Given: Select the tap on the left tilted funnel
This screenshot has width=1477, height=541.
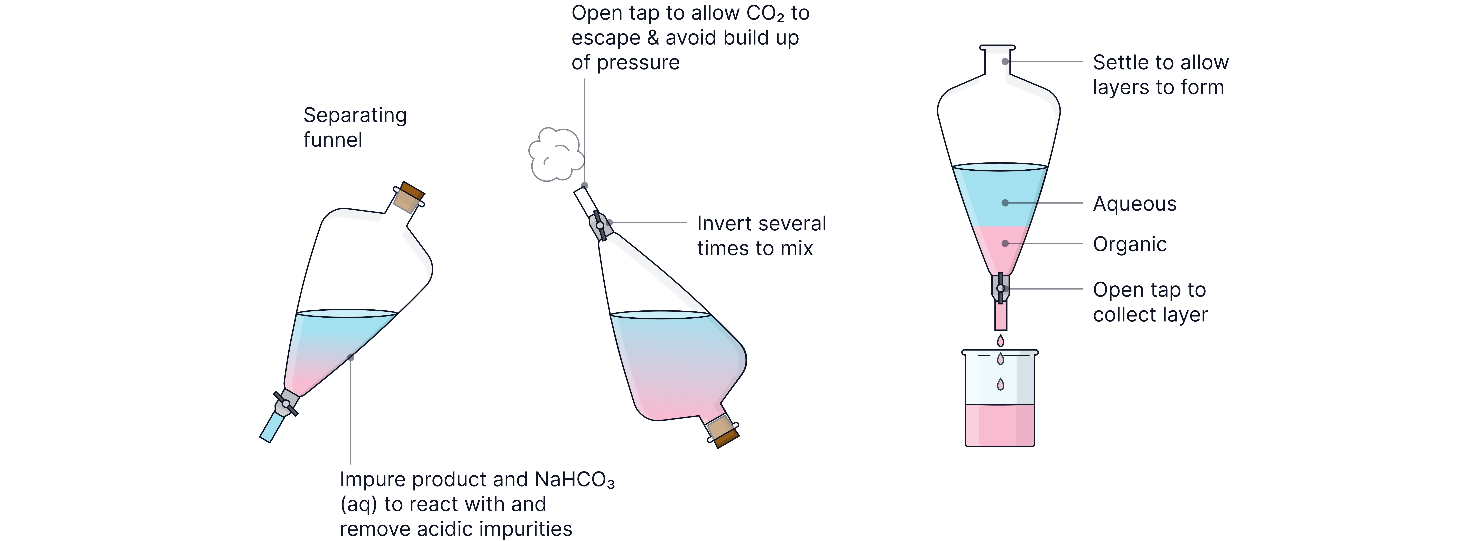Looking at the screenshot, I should [x=285, y=403].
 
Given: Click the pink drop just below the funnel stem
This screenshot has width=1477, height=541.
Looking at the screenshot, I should [x=1001, y=341].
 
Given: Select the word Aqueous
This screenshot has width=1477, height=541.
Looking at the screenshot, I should [x=1134, y=204].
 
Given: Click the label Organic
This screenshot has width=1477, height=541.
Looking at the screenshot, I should [x=1130, y=244].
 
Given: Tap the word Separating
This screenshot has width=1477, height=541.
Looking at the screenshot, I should [x=355, y=115].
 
